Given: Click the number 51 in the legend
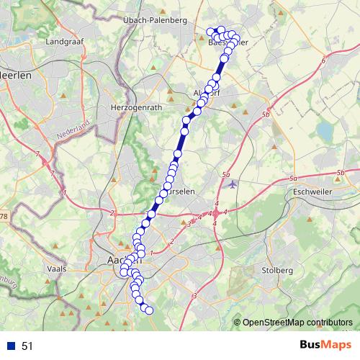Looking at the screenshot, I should click(x=27, y=346).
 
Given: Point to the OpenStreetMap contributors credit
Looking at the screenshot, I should click(x=297, y=323).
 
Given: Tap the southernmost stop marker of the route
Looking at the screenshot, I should click(x=150, y=310).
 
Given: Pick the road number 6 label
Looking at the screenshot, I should click(x=324, y=60).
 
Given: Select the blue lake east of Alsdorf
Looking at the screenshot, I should click(x=325, y=131).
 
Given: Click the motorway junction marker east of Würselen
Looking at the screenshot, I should click(x=215, y=213).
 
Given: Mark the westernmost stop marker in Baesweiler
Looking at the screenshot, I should click(x=210, y=31).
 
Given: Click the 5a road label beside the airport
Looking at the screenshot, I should click(x=226, y=174).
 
